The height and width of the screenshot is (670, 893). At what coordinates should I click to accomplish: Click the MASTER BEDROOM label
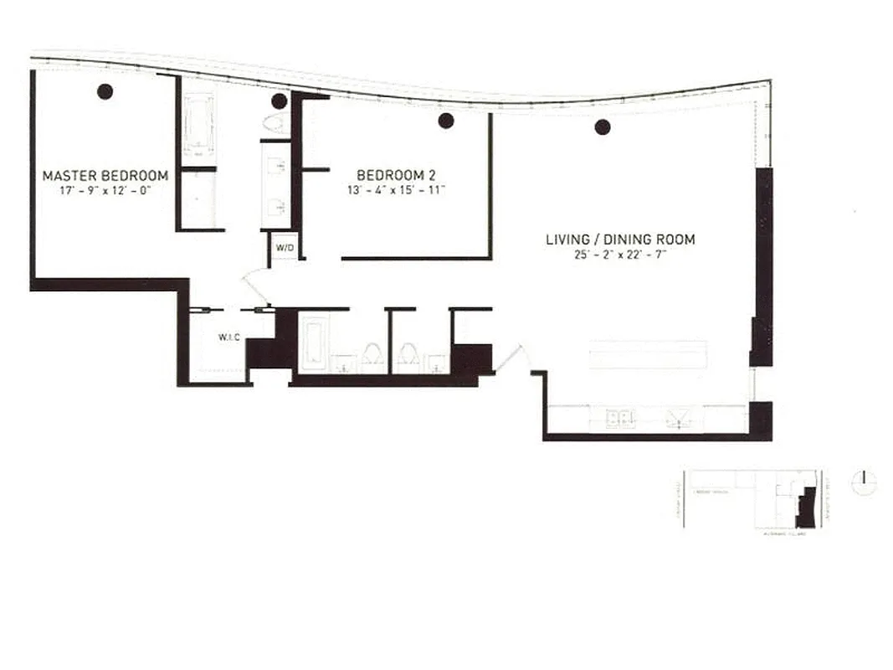pos(105,176)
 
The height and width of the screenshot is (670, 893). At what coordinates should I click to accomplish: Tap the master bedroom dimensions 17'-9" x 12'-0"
pos(105,190)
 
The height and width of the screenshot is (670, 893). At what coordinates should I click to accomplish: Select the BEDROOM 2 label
pos(396,175)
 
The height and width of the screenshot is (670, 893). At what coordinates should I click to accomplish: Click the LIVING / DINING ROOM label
pos(620,240)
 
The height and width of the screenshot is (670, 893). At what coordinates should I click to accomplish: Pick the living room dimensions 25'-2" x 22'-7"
pos(620,254)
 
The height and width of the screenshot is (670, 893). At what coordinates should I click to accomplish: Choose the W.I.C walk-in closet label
pos(229,338)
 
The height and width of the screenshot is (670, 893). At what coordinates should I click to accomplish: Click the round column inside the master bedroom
pos(105,92)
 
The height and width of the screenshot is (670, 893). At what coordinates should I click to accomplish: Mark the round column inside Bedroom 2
pos(446,121)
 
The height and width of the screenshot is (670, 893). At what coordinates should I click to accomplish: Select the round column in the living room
pos(603,127)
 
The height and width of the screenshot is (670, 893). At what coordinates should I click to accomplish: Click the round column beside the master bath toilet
pos(280,101)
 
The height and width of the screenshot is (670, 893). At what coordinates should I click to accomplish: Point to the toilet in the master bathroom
pos(274,123)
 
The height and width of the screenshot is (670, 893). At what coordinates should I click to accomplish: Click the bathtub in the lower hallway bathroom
pos(313,344)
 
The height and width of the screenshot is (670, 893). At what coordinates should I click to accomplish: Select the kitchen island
pos(649,354)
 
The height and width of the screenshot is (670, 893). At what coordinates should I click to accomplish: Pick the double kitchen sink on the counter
pos(620,418)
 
